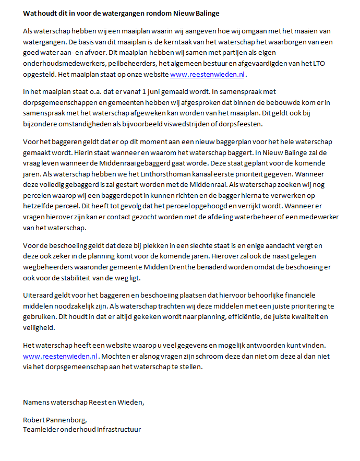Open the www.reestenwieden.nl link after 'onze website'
tap(207, 75)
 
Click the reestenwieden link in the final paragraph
tap(60, 356)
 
